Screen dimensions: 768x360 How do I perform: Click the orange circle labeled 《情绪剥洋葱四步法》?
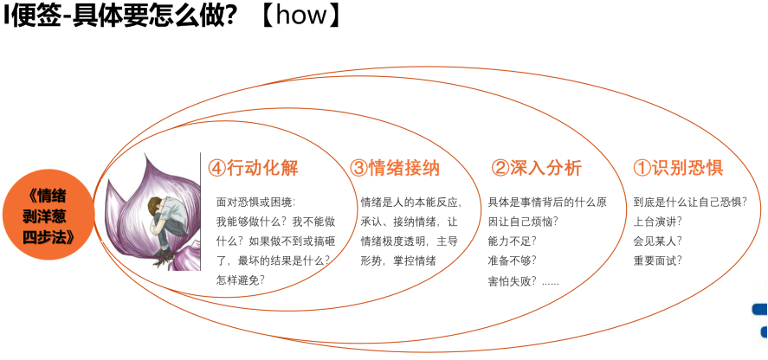pyautogui.click(x=48, y=215)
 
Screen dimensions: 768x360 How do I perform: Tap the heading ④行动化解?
pyautogui.click(x=253, y=169)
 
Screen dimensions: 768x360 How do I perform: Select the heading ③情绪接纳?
pyautogui.click(x=395, y=169)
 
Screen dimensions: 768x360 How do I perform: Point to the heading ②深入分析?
pyautogui.click(x=536, y=169)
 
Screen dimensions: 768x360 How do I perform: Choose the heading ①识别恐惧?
pyautogui.click(x=678, y=169)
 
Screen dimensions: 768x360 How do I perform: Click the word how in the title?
pyautogui.click(x=301, y=16)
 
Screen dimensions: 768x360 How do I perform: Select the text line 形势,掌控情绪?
pyautogui.click(x=398, y=261)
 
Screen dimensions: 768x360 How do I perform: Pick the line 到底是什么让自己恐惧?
pyautogui.click(x=690, y=202)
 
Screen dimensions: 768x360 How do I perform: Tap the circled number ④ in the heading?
pyautogui.click(x=216, y=169)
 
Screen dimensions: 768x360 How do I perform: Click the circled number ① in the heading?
pyautogui.click(x=642, y=169)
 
